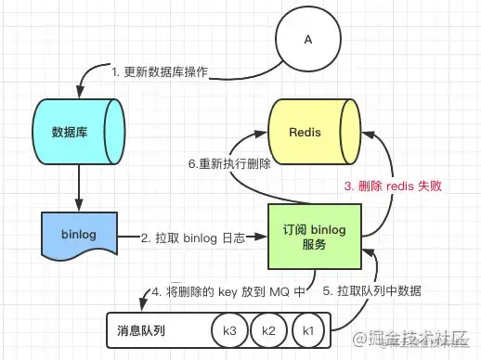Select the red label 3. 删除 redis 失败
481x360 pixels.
coord(392,186)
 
